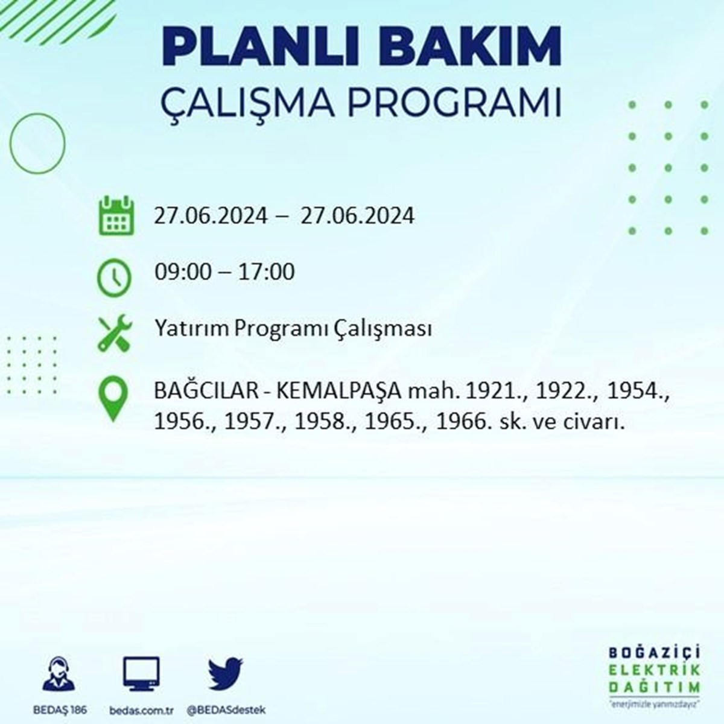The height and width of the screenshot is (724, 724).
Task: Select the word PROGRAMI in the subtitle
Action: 454,103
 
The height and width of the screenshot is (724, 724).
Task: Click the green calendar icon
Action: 116,215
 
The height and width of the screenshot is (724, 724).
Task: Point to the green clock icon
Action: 115,278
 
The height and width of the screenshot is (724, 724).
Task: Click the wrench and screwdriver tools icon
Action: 115,334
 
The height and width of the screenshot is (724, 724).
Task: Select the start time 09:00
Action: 183,272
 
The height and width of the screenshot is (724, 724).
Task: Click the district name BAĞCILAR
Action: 206,391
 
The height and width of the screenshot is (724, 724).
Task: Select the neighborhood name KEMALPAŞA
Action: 339,392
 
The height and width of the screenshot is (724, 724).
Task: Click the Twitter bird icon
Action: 226,674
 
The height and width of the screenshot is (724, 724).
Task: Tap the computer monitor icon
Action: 141,675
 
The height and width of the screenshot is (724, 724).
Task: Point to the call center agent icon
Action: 59,674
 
